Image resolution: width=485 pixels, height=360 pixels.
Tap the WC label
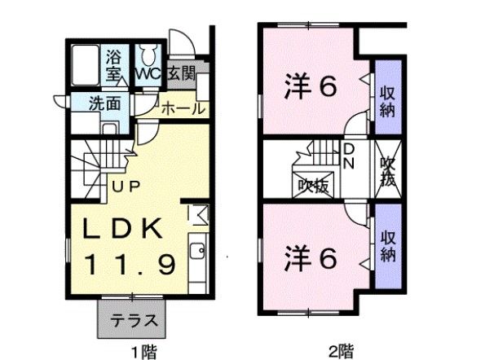[148, 74]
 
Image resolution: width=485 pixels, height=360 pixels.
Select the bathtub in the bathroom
[86, 64]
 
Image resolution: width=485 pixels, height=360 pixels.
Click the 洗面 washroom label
[104, 104]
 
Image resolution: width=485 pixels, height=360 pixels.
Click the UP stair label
[126, 186]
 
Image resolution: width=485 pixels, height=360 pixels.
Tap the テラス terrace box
[133, 319]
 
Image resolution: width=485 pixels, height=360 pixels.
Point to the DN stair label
[348, 154]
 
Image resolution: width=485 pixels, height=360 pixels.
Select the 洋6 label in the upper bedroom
[310, 86]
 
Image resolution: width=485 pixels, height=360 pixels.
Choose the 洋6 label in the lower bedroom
[310, 259]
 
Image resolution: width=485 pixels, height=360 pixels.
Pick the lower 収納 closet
[386, 244]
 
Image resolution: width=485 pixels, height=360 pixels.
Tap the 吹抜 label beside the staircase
[312, 186]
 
